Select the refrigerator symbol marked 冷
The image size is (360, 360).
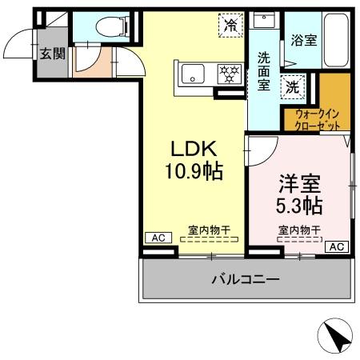pos(230,25)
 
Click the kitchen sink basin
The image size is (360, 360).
pos(194,74)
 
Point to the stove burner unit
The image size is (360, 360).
pos(230,74)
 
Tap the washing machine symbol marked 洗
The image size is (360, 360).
pos(294,86)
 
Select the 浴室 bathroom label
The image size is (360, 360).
pos(303,38)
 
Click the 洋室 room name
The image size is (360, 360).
pos(299,182)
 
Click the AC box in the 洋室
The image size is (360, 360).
pos(337,246)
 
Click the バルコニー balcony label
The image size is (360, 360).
pos(245,280)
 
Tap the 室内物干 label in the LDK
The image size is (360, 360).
pos(209,230)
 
